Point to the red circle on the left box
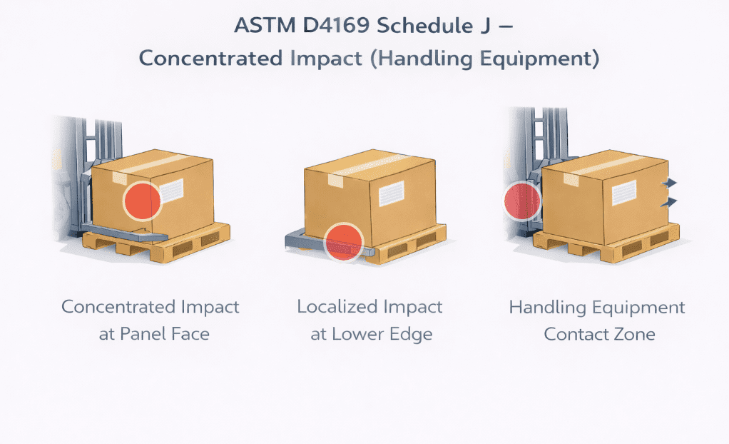point(143,201)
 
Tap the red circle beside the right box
point(522,201)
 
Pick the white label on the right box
point(622,191)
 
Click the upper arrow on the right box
point(669,183)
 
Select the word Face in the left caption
point(189,334)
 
